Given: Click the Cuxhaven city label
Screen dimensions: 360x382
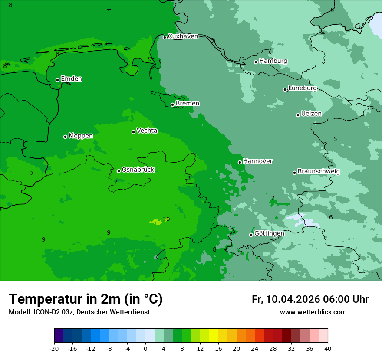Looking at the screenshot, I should click(x=183, y=36).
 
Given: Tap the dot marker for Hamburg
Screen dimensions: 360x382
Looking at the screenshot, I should click(x=256, y=62).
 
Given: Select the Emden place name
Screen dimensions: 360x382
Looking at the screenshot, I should click(x=71, y=79).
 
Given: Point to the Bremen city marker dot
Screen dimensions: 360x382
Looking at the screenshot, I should click(x=172, y=105).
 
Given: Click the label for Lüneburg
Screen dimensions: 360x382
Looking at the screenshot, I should click(x=303, y=88).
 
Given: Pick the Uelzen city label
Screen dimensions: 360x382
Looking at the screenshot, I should click(x=311, y=114).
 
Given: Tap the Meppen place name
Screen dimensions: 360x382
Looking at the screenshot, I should click(x=81, y=136).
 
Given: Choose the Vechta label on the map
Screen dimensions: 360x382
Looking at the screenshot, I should click(x=147, y=131).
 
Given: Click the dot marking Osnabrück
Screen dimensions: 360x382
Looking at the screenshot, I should click(x=119, y=171).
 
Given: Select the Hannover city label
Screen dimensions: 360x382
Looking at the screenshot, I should click(x=258, y=161).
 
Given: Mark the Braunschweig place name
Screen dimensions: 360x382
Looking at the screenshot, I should click(x=319, y=172).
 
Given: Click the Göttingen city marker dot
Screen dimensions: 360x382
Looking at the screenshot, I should click(x=251, y=235).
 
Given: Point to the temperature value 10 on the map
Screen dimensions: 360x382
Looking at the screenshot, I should click(x=166, y=219).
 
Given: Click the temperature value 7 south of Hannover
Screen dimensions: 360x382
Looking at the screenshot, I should click(x=273, y=198).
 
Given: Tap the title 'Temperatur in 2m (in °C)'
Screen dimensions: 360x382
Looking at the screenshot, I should click(x=86, y=299).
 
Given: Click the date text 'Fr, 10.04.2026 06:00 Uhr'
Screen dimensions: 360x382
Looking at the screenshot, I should click(x=310, y=299).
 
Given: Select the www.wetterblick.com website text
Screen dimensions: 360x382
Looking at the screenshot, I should click(x=313, y=312).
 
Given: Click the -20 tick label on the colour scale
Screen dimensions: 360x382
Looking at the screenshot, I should click(x=54, y=348).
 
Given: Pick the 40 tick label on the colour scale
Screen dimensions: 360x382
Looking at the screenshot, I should click(x=328, y=348).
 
